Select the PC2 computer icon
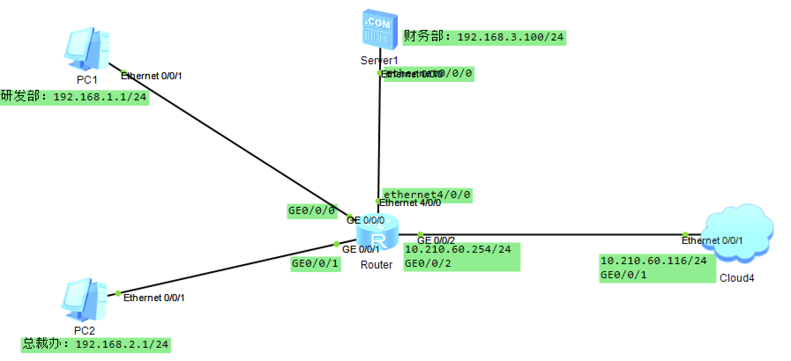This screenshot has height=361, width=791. pos(84,301)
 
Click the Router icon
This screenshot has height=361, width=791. pos(377,232)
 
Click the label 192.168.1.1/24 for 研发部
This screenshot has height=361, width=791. pos(74,97)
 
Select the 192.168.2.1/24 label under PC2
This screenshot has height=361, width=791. pos(96,344)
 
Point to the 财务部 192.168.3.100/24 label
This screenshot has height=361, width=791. pos(484,37)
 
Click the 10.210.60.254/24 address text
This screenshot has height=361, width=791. pos(458,250)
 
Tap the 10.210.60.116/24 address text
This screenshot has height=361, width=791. pos(653,261)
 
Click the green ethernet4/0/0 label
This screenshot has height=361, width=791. pos(427,194)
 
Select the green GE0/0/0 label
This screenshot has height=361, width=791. pos(312,211)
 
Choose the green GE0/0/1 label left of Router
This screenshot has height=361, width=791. pos(315,264)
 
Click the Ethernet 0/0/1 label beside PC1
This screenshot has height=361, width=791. pos(151,76)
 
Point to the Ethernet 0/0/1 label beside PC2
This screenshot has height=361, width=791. pos(154,298)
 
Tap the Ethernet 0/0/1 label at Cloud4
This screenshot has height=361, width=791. pos(712,241)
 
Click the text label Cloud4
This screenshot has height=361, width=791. pos(737,278)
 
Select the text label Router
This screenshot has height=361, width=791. pos(376,265)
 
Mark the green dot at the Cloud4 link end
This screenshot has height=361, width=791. pos(685,235)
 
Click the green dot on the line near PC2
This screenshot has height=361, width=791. pos(118,293)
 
